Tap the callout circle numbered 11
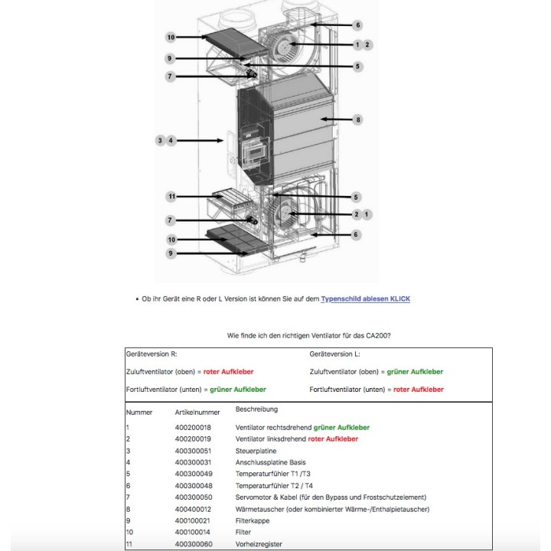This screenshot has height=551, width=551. [171, 197]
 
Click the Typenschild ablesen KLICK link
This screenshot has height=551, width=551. [365, 298]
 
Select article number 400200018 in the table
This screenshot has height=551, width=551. [193, 427]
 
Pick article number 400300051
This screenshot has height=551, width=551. [193, 451]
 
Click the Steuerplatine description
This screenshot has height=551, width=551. [256, 451]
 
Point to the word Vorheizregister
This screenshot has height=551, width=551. [259, 544]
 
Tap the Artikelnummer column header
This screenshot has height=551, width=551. [192, 412]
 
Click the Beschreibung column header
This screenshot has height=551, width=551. [257, 409]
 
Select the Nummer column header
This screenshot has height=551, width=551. [139, 412]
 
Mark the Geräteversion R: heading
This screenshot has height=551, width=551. [152, 354]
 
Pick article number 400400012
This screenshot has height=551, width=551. [193, 509]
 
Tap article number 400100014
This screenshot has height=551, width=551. [193, 532]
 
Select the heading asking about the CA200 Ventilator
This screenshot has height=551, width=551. [315, 335]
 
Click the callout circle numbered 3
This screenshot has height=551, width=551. [160, 141]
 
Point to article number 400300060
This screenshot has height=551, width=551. [193, 544]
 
